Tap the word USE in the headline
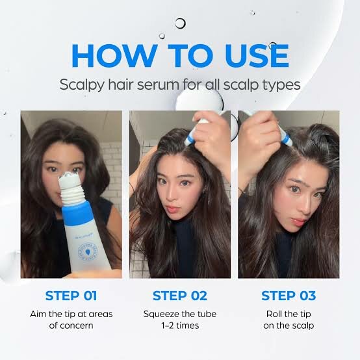click(x=251, y=55)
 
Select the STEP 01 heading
click(x=71, y=296)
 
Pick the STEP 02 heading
click(x=180, y=296)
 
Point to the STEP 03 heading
click(x=288, y=296)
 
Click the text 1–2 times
click(x=180, y=326)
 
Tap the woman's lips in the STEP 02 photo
click(x=172, y=211)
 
